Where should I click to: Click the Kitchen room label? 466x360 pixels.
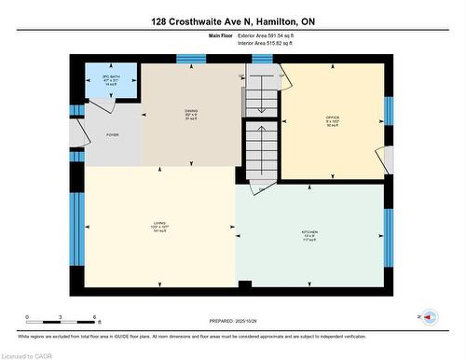pyautogui.click(x=309, y=231)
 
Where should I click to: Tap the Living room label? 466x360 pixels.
pyautogui.click(x=159, y=223)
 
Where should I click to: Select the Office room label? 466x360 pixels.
pyautogui.click(x=332, y=118)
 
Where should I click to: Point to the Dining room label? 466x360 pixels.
pyautogui.click(x=190, y=111)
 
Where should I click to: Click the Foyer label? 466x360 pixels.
pyautogui.click(x=113, y=133)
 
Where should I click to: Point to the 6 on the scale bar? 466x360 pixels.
pyautogui.click(x=95, y=317)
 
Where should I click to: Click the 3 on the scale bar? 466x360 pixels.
pyautogui.click(x=61, y=317)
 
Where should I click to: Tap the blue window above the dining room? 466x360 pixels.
pyautogui.click(x=191, y=59)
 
